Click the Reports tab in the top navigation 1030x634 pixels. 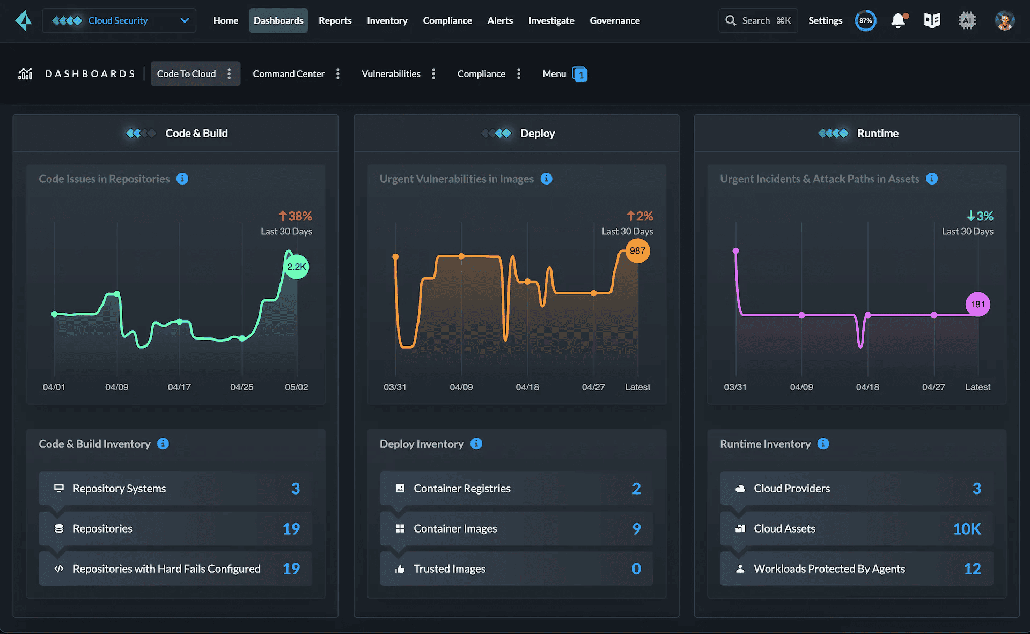tap(335, 20)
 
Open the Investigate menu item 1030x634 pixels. tap(551, 20)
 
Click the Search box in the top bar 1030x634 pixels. tap(758, 20)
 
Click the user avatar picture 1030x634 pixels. tap(1004, 20)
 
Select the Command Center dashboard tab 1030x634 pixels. tap(289, 73)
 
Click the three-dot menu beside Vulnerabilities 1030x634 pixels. tap(433, 73)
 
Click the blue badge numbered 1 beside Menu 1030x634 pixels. tap(580, 74)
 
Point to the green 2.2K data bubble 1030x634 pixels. tap(296, 267)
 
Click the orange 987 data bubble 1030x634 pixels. tap(637, 250)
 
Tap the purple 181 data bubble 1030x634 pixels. tap(977, 304)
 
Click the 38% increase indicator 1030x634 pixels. tap(295, 216)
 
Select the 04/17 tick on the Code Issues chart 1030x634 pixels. tap(179, 387)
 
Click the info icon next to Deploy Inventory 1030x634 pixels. tap(476, 444)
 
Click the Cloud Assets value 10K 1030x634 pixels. tap(967, 529)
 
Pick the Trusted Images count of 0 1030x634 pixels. tap(636, 569)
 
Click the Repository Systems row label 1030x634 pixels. tap(119, 489)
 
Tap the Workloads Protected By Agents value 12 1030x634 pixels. tap(972, 569)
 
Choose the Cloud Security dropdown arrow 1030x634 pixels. tap(185, 20)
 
